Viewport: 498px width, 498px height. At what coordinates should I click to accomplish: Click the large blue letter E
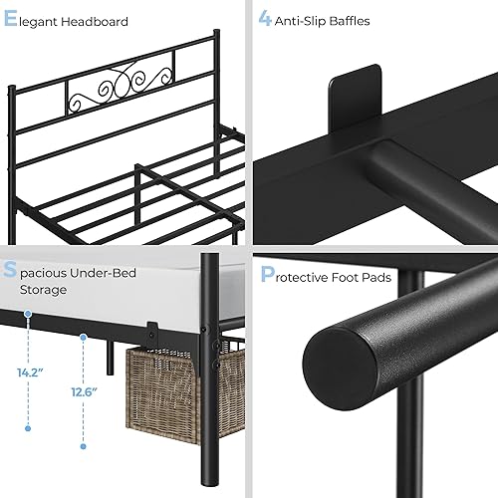pos(10,20)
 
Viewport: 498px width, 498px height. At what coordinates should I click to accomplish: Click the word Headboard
pos(95,21)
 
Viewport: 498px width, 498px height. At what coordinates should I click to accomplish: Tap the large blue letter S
pos(10,271)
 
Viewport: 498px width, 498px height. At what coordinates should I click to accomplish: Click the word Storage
pos(44,290)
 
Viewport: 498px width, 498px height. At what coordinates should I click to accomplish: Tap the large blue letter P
pos(266,273)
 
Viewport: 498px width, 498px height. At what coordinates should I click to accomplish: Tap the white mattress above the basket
pos(149,274)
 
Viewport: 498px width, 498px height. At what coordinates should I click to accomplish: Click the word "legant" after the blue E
pos(39,22)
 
